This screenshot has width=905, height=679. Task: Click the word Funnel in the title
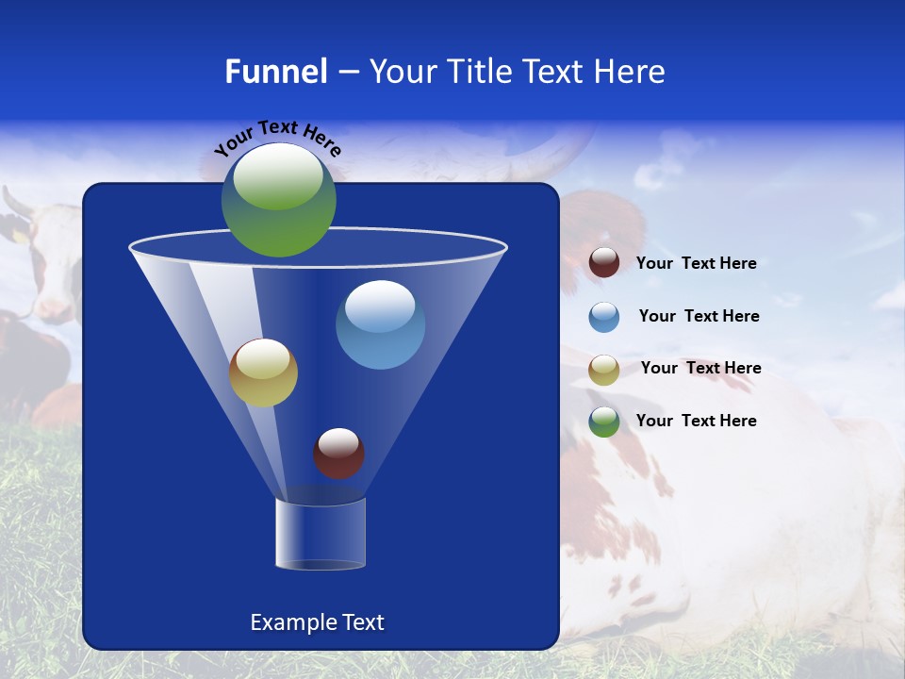coord(276,72)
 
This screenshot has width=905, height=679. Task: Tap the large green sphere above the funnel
coord(279,199)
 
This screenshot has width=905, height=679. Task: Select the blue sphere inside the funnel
coord(380,324)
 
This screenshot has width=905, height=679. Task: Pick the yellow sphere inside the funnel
coord(263,373)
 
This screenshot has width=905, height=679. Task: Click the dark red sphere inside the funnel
coord(338,453)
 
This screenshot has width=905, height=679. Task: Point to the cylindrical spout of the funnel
coord(320,534)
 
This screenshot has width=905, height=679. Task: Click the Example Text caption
coord(317,622)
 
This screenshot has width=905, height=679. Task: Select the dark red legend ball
coord(604,263)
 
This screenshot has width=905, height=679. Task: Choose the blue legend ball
coord(604,317)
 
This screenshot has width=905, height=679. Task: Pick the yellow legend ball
coord(604,369)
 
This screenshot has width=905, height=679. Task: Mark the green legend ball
coord(604,422)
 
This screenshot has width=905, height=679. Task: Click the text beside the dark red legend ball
coord(696,264)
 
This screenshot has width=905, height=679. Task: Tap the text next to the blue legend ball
coord(699,317)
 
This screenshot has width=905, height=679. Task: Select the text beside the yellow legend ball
coord(700,369)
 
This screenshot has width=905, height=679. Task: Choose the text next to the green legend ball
coord(696,421)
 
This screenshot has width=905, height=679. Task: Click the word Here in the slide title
coord(632,72)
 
